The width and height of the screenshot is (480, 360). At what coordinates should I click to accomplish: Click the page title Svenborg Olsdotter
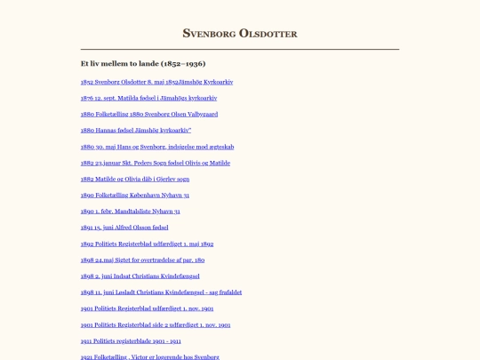coord(239,34)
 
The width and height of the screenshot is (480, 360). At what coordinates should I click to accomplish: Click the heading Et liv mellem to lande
coord(142,64)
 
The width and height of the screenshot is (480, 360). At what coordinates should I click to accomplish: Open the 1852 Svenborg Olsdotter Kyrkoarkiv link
coord(156,82)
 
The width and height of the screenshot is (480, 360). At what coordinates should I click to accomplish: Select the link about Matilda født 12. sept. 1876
coord(148,98)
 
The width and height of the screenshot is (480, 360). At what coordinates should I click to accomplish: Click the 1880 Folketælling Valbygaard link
coord(148,114)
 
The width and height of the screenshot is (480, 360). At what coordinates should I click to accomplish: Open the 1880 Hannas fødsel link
coord(135,130)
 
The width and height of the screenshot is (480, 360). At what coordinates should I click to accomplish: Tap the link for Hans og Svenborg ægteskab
coord(156,147)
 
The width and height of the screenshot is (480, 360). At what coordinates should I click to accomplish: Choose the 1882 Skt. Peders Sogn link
coord(155,163)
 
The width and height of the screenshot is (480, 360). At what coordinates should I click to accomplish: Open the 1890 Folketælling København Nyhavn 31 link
coord(134,195)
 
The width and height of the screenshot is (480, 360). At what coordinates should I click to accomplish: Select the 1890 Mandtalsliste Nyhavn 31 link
coord(130,212)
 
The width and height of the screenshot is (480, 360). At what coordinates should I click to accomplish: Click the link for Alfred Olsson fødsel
coord(124,228)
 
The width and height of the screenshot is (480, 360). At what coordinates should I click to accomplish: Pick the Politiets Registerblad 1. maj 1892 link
coord(147,244)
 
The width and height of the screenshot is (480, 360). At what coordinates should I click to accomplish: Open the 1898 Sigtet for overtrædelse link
coord(142,260)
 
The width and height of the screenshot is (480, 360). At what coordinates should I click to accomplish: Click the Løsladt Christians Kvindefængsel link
coord(161,292)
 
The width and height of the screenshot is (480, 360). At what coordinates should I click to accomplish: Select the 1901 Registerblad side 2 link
coord(155,324)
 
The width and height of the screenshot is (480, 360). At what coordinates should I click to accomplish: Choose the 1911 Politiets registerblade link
coord(130,340)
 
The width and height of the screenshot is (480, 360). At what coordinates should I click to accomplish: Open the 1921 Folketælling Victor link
coord(149,356)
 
